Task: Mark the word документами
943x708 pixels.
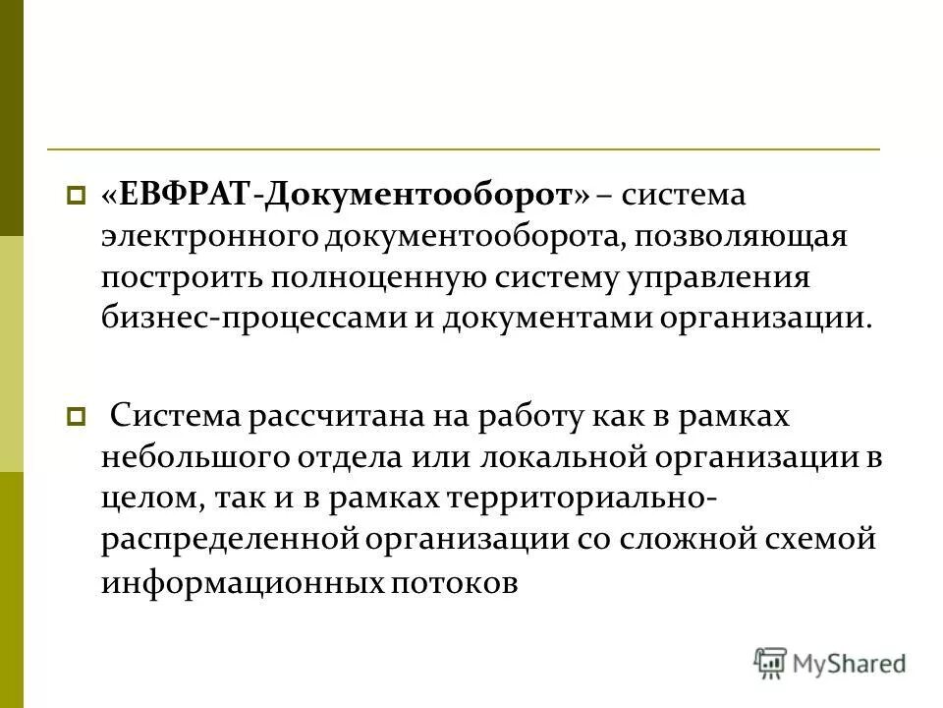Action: [x=560, y=319]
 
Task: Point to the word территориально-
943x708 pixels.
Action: [x=582, y=500]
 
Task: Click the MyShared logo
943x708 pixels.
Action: [x=830, y=664]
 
